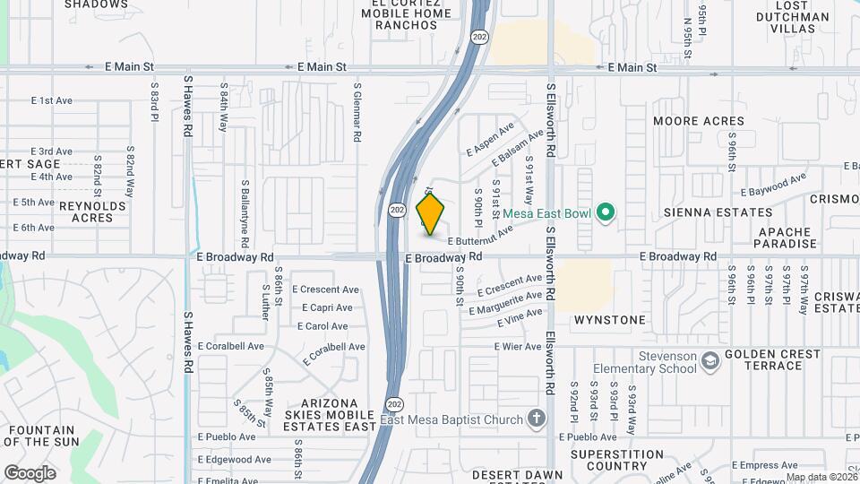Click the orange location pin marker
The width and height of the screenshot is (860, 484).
430,213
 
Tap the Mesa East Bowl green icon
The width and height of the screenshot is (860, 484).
606,212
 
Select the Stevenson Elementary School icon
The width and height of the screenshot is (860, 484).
710,360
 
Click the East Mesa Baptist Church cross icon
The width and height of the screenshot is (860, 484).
536,418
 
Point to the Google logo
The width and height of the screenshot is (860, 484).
30,472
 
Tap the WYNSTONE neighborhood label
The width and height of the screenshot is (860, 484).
609,320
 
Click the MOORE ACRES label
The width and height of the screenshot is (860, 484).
699,121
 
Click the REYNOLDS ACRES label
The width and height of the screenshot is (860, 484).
92,212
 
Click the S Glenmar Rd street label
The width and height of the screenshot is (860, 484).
357,114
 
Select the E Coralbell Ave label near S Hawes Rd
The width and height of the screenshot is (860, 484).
231,346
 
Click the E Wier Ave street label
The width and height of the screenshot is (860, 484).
518,346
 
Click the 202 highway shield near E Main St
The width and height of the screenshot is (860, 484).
479,38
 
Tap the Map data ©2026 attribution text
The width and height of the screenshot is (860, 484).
821,477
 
